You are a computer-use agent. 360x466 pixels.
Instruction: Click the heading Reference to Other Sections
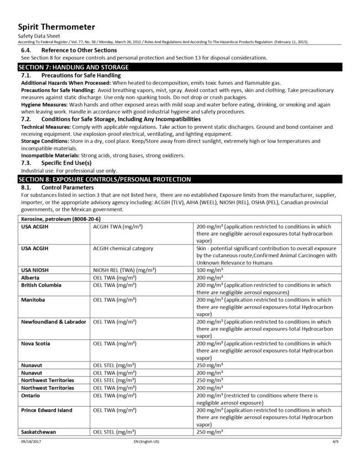pos(79,50)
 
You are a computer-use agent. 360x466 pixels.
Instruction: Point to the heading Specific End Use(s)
pos(66,162)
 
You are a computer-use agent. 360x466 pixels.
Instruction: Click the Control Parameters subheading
pos(67,187)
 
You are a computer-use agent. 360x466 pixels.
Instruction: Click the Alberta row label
pos(30,277)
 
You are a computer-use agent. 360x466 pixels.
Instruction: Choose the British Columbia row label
pos(41,285)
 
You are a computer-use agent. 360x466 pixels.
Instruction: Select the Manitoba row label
pos(33,300)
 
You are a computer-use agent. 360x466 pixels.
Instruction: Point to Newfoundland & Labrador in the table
pos(54,322)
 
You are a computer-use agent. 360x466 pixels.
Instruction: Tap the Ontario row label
pos(31,395)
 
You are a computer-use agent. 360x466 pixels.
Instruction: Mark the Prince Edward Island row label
pos(47,410)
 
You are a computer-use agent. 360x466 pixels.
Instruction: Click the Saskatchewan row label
pos(39,432)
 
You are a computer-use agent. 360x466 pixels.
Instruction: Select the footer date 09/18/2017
pos(30,442)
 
